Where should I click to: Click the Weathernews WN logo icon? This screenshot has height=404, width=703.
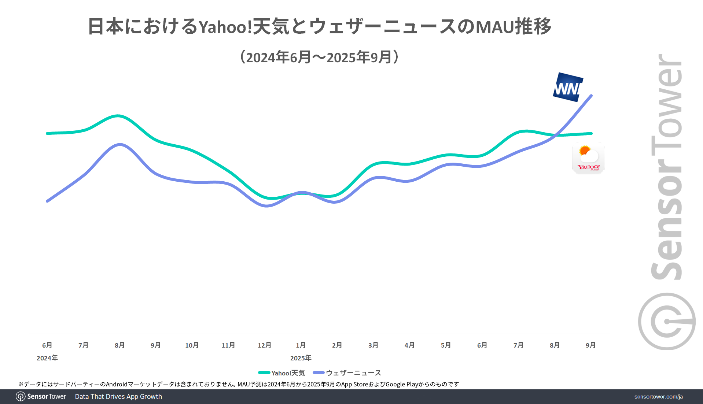pyautogui.click(x=568, y=87)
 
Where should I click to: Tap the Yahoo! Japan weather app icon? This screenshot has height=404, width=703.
pyautogui.click(x=588, y=158)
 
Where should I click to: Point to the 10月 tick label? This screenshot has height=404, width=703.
pyautogui.click(x=192, y=345)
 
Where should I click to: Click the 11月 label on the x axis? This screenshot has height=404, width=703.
pyautogui.click(x=228, y=345)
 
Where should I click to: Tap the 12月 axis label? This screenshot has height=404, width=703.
pyautogui.click(x=264, y=345)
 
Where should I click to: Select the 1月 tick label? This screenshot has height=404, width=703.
pyautogui.click(x=301, y=345)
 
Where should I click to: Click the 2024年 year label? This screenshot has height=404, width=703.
pyautogui.click(x=47, y=358)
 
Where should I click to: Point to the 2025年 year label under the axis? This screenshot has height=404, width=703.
pyautogui.click(x=301, y=358)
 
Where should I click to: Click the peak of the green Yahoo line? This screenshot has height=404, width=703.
pyautogui.click(x=117, y=116)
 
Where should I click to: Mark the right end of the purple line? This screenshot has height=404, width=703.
pyautogui.click(x=591, y=96)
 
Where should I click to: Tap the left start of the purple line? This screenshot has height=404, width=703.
pyautogui.click(x=48, y=201)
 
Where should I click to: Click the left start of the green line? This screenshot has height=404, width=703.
pyautogui.click(x=48, y=133)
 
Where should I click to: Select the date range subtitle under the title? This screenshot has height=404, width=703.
pyautogui.click(x=319, y=57)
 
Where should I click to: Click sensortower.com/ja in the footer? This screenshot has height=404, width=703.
pyautogui.click(x=658, y=397)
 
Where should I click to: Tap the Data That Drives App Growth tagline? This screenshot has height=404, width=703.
pyautogui.click(x=118, y=397)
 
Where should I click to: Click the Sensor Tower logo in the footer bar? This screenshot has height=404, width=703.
pyautogui.click(x=41, y=397)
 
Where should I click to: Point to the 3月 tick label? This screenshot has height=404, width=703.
pyautogui.click(x=373, y=345)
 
